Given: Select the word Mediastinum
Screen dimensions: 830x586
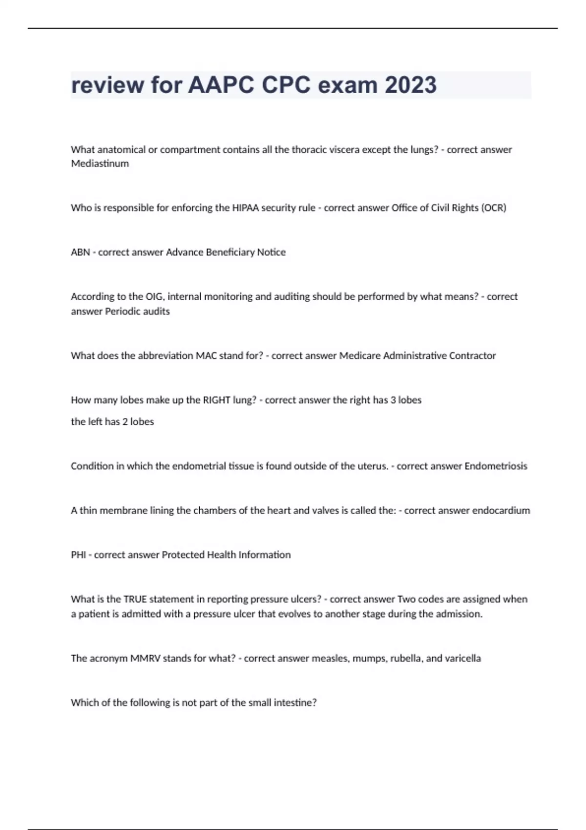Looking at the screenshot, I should coord(100,164).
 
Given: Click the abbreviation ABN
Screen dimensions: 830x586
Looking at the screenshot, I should coord(80,252).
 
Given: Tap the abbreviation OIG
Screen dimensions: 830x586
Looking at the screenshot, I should coord(151,296).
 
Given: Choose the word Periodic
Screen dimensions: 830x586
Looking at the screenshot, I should coord(123,311).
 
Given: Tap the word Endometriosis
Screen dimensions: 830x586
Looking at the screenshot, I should coord(496,466).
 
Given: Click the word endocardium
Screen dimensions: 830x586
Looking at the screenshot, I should coord(499,511).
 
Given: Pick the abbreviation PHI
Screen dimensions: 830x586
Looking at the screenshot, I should coord(78,555).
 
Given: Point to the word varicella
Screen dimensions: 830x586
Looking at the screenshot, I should coord(462,659).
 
